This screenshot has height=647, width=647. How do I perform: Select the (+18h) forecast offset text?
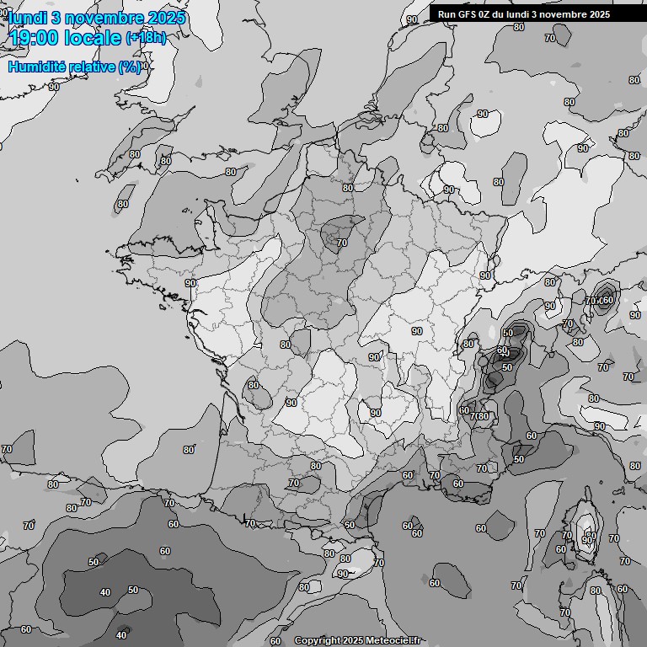coord(146,38)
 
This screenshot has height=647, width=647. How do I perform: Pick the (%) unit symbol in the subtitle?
coord(130,67)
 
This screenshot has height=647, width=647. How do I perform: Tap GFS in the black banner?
coord(468,14)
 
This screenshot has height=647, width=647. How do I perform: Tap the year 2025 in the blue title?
coord(168,18)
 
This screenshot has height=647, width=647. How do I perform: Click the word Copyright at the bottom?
coord(317,641)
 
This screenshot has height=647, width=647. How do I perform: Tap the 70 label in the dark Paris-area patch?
coord(341,243)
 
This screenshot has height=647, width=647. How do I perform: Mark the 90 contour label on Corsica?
coord(586,540)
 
